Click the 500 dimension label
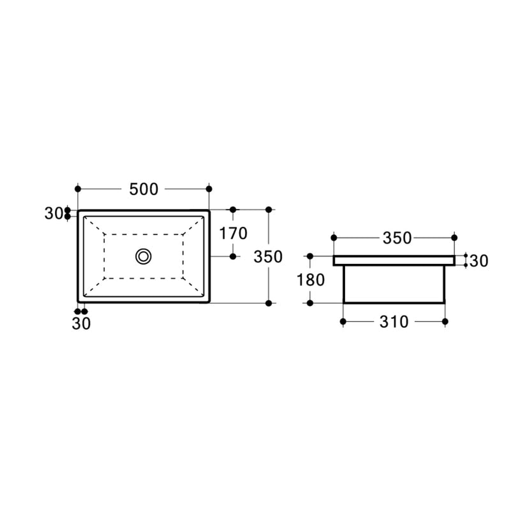[144, 189]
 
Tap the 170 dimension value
[233, 233]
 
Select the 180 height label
[311, 280]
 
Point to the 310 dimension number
[393, 322]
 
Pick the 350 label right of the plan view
[268, 257]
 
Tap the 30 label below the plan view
[81, 324]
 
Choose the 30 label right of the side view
[478, 261]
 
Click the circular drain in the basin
[144, 256]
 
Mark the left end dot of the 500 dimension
[78, 189]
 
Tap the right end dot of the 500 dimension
[209, 189]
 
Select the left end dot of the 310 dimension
[343, 322]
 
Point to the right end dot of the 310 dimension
[445, 322]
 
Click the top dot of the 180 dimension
[310, 256]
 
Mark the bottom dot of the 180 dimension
[310, 303]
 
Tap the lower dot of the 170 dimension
[233, 256]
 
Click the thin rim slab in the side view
[394, 261]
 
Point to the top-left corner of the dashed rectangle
[104, 234]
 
